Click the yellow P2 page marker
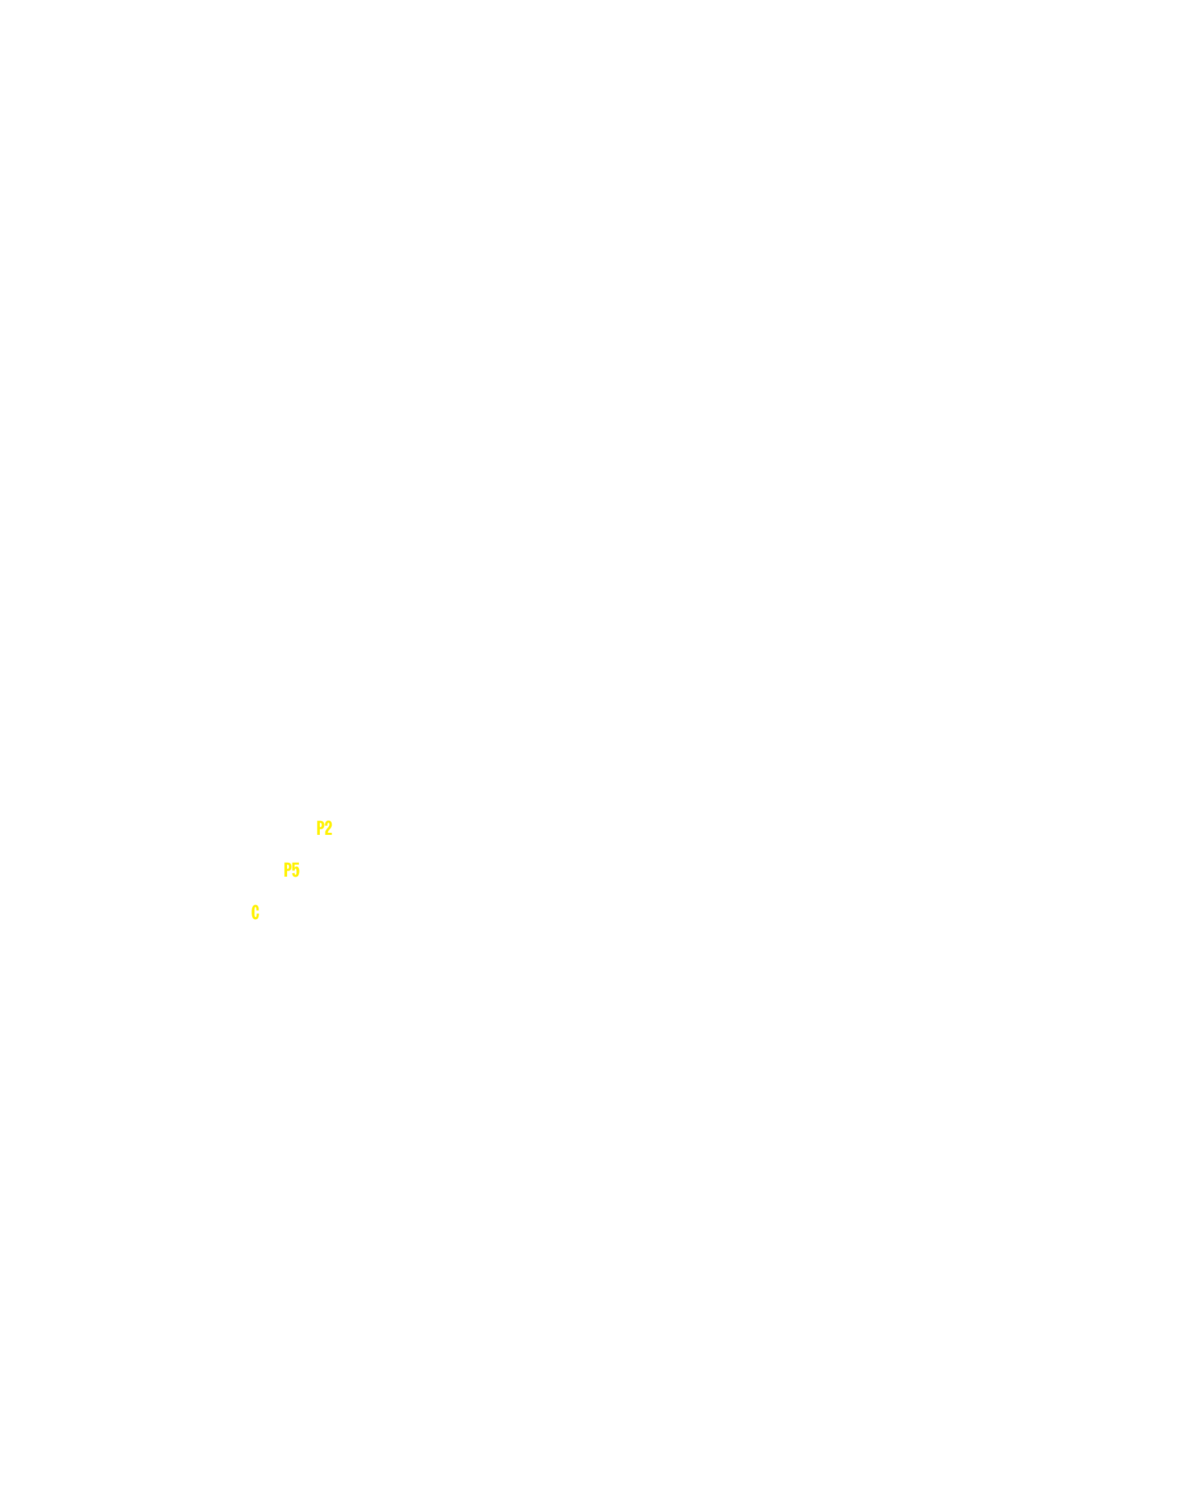point(325,828)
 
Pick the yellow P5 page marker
point(292,870)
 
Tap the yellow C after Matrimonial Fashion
point(256,912)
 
